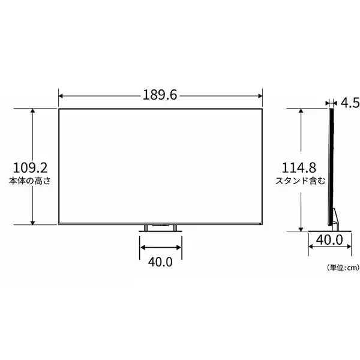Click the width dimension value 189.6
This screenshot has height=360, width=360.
click(x=160, y=95)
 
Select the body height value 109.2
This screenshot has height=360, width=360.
click(x=31, y=168)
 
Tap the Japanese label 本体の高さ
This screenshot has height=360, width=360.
click(x=29, y=181)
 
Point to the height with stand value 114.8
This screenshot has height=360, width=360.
click(x=299, y=168)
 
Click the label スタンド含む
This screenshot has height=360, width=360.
click(x=301, y=181)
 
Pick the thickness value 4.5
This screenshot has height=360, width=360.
click(x=350, y=103)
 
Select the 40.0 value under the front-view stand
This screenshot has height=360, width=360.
click(x=160, y=262)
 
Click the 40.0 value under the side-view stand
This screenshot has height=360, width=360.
click(x=329, y=240)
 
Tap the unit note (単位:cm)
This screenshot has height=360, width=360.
click(x=343, y=268)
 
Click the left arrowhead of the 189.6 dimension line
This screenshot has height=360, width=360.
click(x=61, y=96)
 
